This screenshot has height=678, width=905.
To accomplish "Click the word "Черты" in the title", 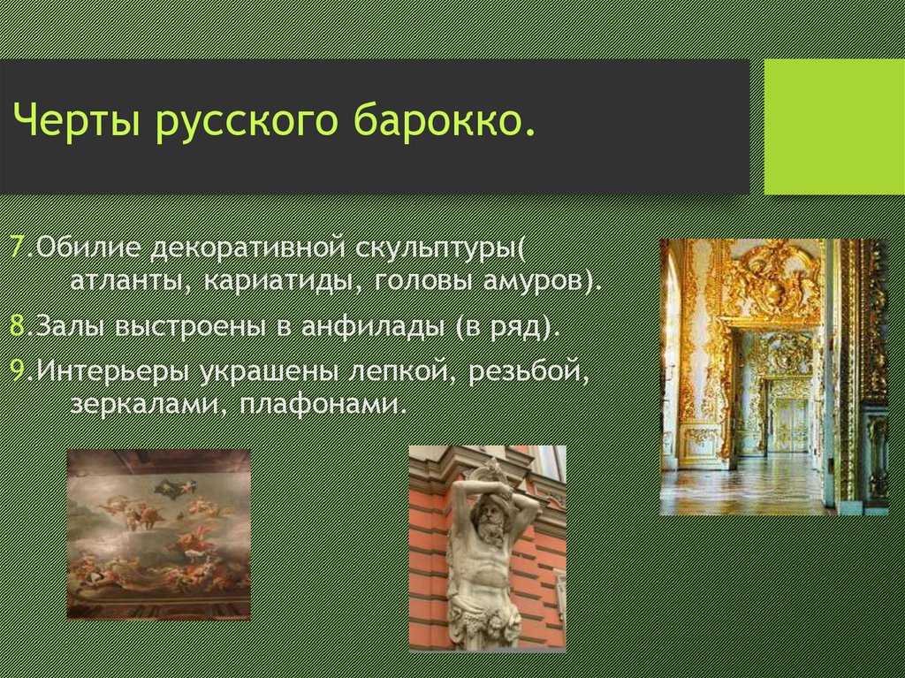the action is tap(76, 121).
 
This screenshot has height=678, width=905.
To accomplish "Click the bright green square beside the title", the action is tap(834, 126).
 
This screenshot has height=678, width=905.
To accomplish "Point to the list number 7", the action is tap(18, 248).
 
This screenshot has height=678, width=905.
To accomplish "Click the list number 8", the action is tap(18, 326).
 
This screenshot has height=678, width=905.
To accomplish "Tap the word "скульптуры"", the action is tap(437, 249).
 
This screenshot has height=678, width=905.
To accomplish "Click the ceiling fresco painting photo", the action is tap(159, 534).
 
